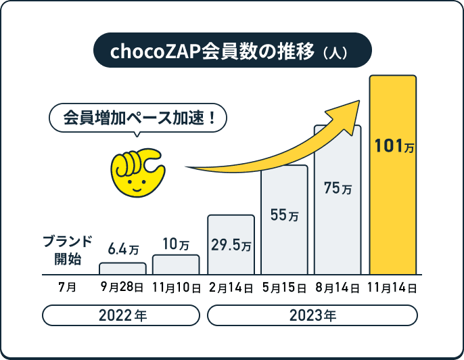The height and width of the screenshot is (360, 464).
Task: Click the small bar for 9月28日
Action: tap(122, 268)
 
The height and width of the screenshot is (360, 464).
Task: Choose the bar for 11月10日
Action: tap(176, 265)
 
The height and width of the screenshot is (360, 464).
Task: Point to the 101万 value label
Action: tap(393, 145)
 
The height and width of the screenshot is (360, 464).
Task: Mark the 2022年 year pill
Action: tap(122, 315)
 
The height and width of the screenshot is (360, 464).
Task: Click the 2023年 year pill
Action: tap(312, 315)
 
